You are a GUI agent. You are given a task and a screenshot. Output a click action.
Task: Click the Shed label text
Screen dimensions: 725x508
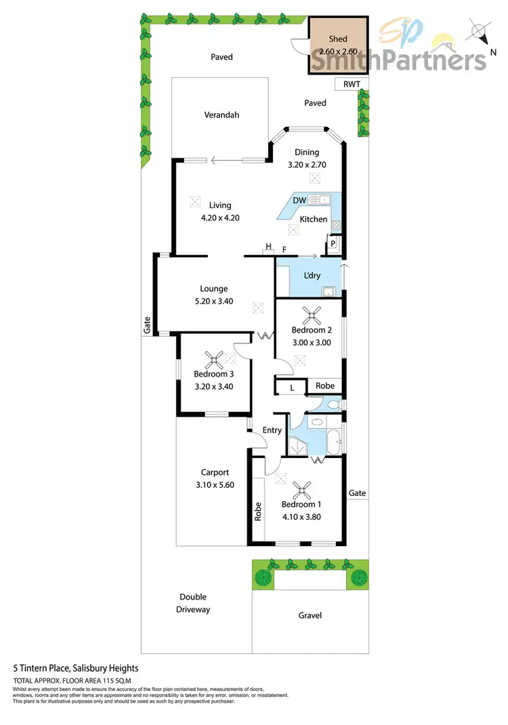[x=337, y=39]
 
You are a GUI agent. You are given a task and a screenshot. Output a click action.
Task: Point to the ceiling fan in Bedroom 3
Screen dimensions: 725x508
[x=215, y=357]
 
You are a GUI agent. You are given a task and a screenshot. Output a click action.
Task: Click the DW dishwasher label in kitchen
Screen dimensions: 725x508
[x=299, y=200]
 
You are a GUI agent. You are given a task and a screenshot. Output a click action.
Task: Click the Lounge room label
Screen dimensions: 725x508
[x=213, y=289]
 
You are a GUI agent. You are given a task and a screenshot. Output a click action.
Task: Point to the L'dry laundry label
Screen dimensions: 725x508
[x=312, y=276]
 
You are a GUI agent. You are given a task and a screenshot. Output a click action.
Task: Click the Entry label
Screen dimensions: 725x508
[x=272, y=430]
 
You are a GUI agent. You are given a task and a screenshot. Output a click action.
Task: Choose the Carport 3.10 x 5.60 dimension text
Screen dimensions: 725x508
[x=215, y=484]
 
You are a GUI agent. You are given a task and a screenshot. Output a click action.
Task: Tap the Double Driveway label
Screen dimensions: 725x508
[x=193, y=603]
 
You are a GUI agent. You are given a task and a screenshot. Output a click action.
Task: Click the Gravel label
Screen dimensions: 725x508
[x=310, y=615]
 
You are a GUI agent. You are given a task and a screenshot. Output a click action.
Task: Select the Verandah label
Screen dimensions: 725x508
[x=221, y=115]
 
